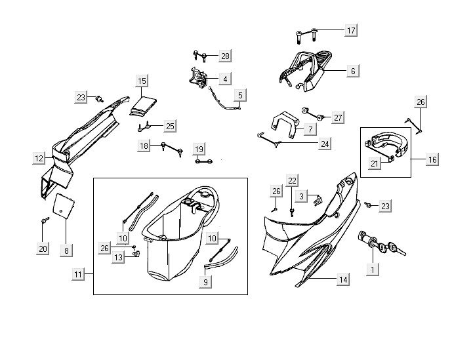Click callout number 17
click(x=351, y=31)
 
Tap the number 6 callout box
click(x=352, y=71)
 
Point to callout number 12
click(x=39, y=158)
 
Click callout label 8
click(x=66, y=250)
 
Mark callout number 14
click(x=342, y=279)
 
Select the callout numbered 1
click(x=373, y=270)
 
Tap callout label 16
click(x=432, y=159)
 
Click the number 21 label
click(x=375, y=164)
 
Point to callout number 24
click(x=325, y=143)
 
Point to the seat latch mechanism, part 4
click(x=198, y=78)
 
